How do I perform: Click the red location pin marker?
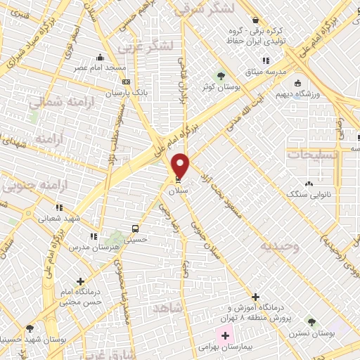pyautogui.click(x=181, y=165)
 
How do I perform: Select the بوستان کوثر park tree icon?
pyautogui.click(x=222, y=75)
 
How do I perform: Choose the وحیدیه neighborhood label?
pyautogui.click(x=280, y=246)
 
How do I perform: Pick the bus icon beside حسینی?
pyautogui.click(x=135, y=229)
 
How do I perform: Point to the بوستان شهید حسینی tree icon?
pyautogui.click(x=30, y=328)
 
